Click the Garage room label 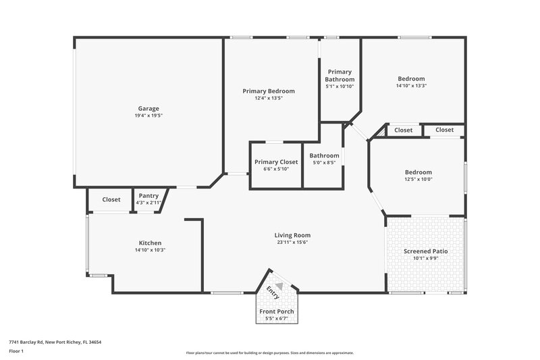[148, 108]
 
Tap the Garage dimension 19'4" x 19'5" [148, 115]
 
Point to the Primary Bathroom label [340, 76]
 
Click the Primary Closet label [275, 162]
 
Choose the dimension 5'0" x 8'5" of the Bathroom [324, 163]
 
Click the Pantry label [148, 196]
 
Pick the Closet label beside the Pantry [111, 199]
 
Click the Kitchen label [150, 242]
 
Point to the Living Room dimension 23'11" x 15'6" [292, 242]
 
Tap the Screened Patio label [425, 251]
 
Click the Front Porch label [275, 311]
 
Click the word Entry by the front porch [272, 293]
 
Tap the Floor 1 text [16, 351]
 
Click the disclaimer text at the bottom [269, 353]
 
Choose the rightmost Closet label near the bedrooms [444, 130]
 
